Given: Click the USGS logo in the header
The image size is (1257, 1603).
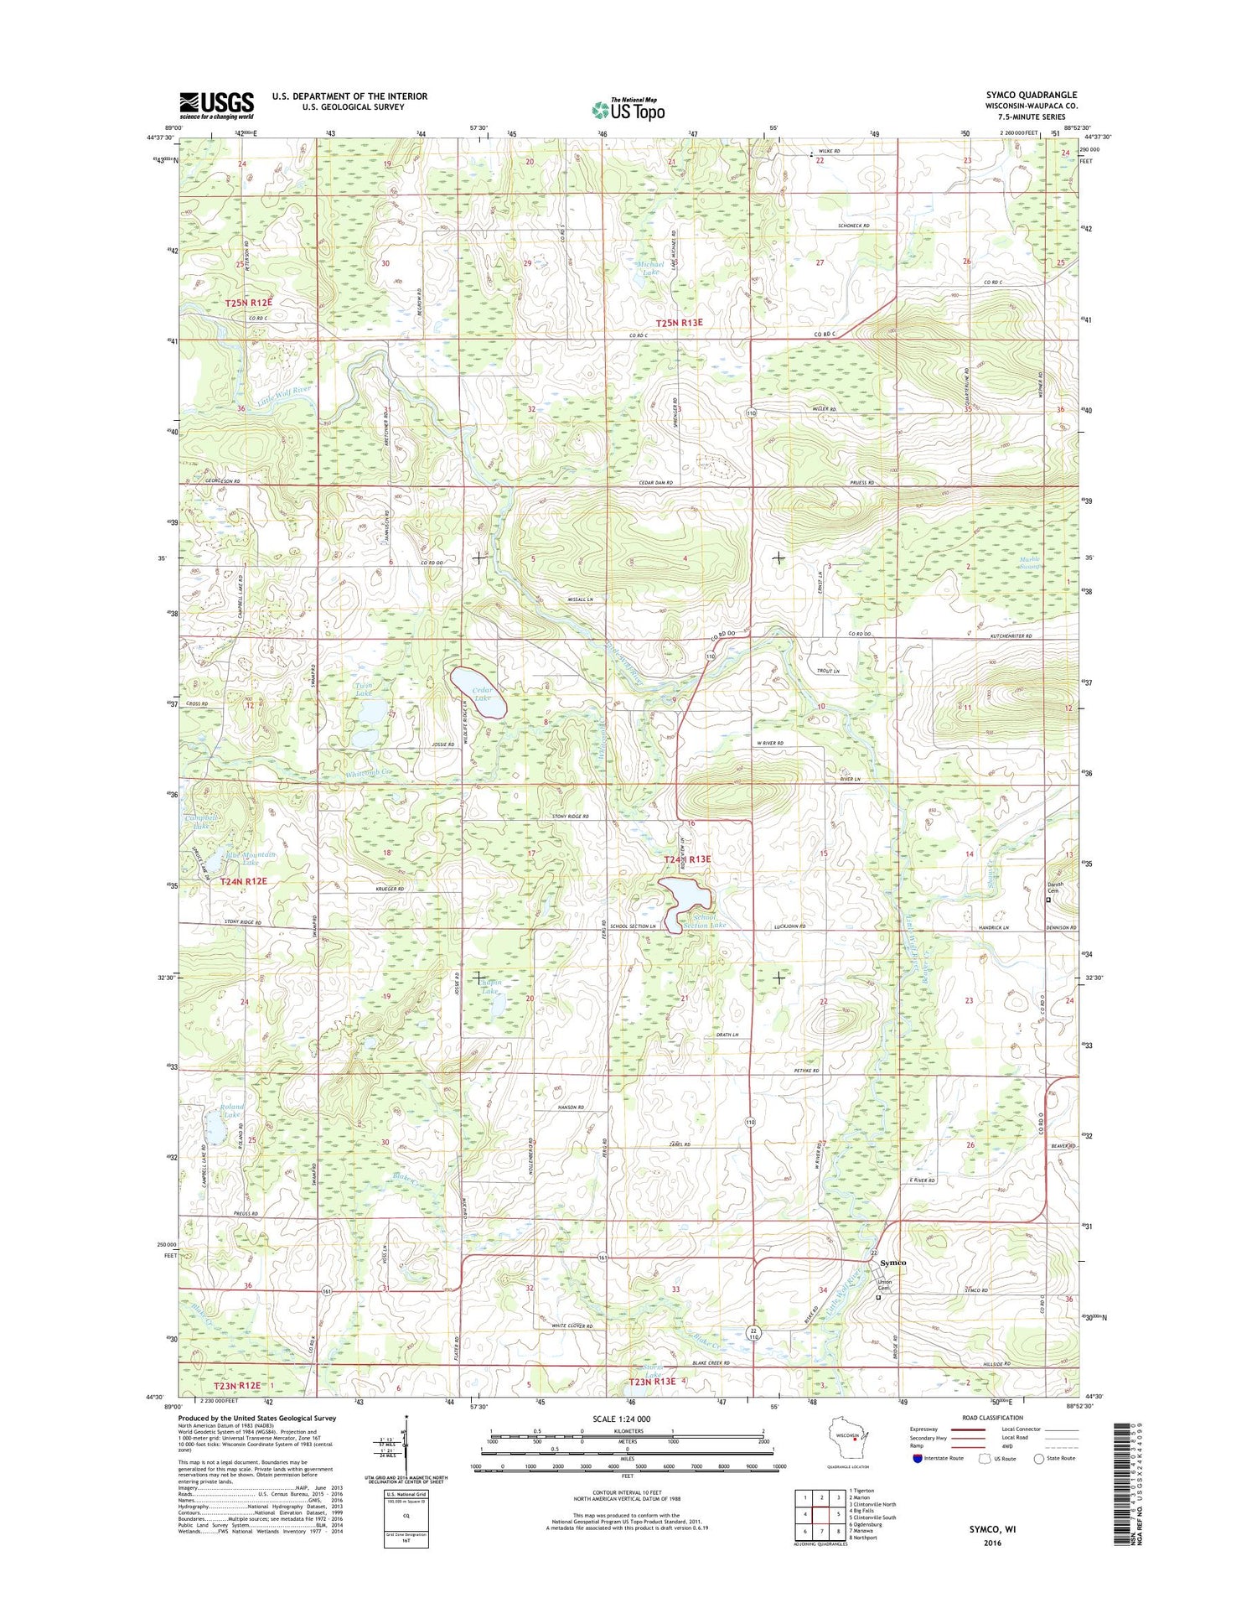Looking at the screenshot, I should coord(216,105).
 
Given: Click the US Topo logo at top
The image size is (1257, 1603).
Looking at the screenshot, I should coord(628,109).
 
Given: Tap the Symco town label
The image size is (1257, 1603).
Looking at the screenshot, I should coord(892,1263).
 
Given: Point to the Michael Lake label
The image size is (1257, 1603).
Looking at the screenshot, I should coord(652,268).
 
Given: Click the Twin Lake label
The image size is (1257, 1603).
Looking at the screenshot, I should coord(363,689).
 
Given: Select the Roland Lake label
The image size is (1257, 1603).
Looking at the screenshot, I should coord(232,1111).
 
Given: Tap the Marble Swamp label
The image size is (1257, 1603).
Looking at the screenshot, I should coord(1029,563).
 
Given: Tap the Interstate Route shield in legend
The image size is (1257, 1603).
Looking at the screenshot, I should coord(918,1458).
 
